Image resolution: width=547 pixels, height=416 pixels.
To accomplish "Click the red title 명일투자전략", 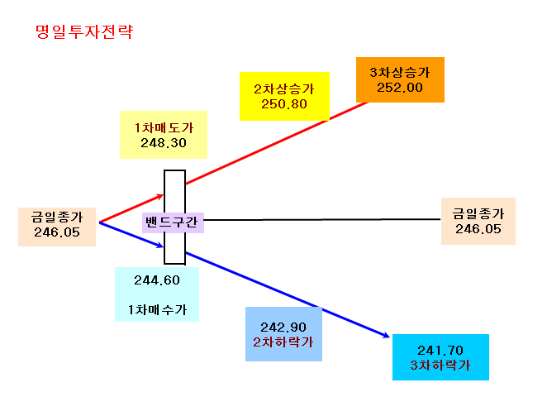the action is (x=84, y=31).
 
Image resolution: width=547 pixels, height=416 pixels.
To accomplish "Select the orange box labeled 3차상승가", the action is (x=400, y=79).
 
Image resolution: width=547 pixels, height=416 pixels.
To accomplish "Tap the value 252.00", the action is (x=400, y=88).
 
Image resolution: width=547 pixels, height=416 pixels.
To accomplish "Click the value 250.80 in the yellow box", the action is (x=284, y=103).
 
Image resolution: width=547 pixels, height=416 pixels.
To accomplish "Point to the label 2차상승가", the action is (x=284, y=88).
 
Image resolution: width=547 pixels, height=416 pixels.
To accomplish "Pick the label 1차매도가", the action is (x=164, y=127).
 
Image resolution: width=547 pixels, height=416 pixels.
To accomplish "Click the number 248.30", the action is (x=164, y=143).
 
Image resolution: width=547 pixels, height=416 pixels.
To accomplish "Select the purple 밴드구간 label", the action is (x=173, y=222).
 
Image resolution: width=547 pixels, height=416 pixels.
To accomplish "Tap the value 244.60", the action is (x=157, y=280).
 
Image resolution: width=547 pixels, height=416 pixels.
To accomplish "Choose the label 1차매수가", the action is (x=157, y=309).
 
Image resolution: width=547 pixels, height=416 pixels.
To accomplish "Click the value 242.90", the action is (x=283, y=328).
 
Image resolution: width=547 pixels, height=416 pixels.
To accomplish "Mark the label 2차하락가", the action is (x=283, y=342).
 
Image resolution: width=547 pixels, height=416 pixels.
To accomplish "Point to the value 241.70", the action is (x=440, y=351).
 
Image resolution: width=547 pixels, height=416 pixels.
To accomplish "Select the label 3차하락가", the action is (x=440, y=365).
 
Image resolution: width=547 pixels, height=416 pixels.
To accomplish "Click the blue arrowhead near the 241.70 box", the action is (x=386, y=335).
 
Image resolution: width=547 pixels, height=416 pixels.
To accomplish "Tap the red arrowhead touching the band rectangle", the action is (x=159, y=197).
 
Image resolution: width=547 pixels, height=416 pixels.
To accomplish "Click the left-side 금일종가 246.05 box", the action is (x=57, y=227).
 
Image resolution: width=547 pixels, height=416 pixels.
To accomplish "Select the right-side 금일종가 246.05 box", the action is (x=478, y=221).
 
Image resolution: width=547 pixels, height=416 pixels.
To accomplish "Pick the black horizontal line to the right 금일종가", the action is (x=322, y=220).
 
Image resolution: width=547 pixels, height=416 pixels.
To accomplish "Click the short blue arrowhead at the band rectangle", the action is (x=159, y=245).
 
